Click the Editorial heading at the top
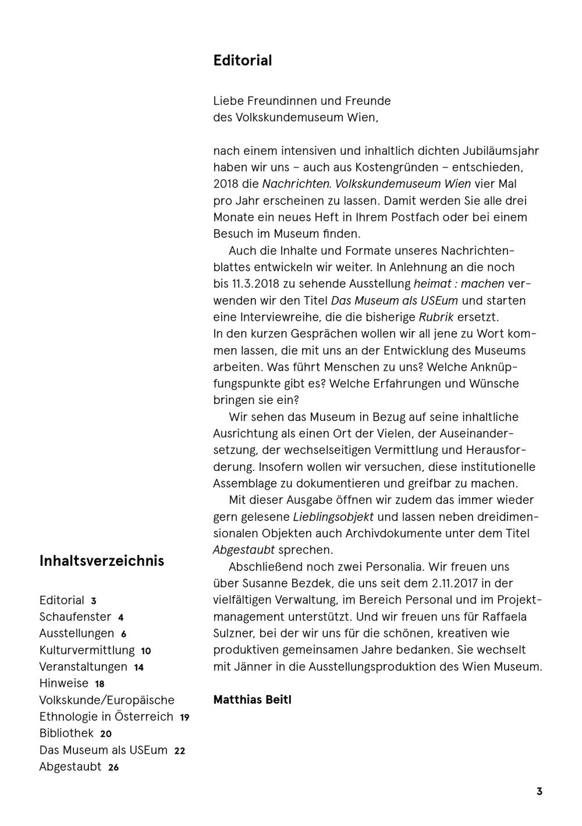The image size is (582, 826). pos(242,61)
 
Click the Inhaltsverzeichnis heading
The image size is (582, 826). pos(102,561)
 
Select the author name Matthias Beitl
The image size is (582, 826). pos(252,700)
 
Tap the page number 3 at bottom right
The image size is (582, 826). pos(540,792)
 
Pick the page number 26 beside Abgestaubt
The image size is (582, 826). pos(113,768)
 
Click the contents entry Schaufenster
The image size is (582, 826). pos(75,616)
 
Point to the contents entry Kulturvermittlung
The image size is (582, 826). pos(87,650)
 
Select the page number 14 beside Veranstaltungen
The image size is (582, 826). pos(139,668)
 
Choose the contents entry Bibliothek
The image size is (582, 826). pos(66,733)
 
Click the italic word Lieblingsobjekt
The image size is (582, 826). pos(333,517)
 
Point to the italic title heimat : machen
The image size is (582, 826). pos(459,284)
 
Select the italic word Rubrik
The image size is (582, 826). pos(436,317)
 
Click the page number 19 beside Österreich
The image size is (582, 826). pos(184,718)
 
